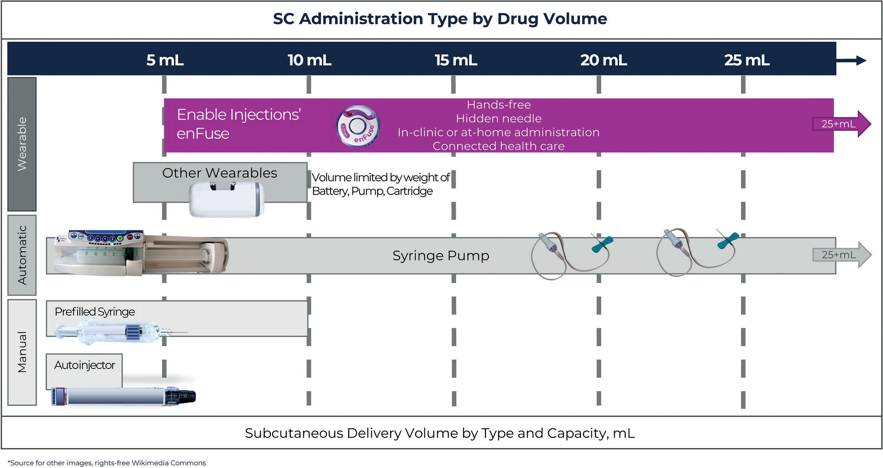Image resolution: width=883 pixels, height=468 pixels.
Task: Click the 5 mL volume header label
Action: click(165, 60)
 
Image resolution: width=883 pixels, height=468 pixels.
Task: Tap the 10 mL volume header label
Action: click(309, 60)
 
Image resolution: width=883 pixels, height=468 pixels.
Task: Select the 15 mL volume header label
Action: click(456, 60)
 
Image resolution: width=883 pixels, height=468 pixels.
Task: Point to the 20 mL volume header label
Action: click(604, 60)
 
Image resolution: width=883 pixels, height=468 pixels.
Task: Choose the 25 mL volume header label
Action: click(747, 60)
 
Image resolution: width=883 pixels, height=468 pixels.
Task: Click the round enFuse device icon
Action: click(358, 127)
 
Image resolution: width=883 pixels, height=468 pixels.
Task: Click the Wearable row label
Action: click(22, 144)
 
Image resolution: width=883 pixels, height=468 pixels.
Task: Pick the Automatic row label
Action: click(22, 255)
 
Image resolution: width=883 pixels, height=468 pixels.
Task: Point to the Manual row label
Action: click(22, 352)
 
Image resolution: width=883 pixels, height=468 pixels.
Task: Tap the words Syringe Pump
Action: click(441, 256)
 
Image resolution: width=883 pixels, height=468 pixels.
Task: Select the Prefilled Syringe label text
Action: click(95, 312)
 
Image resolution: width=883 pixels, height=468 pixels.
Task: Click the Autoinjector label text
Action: click(85, 365)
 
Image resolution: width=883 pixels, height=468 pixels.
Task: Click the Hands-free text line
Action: click(498, 105)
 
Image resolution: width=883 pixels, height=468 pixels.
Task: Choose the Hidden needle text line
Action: click(498, 118)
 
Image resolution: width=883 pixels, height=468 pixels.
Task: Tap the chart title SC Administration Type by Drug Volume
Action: click(440, 19)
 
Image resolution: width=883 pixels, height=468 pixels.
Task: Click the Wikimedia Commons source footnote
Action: click(107, 463)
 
